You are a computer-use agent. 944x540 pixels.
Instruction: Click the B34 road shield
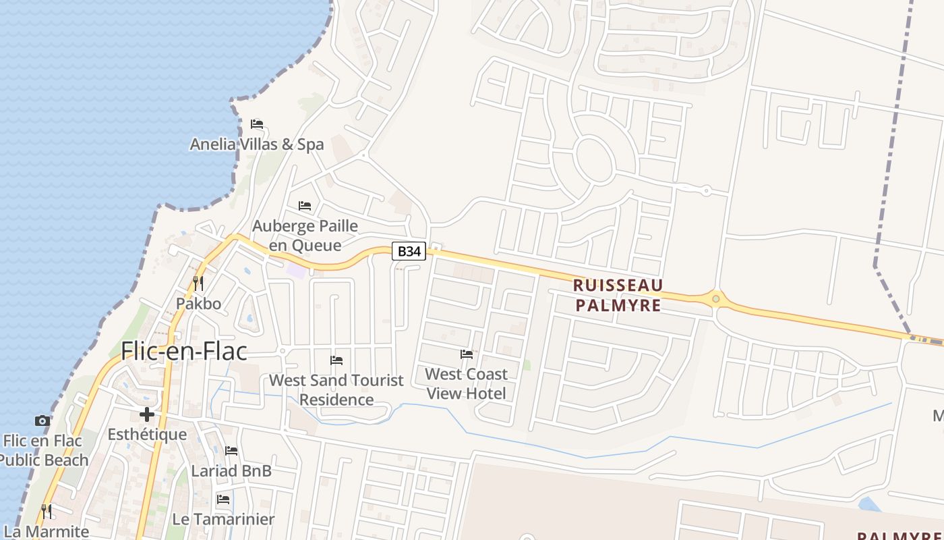tap(409, 251)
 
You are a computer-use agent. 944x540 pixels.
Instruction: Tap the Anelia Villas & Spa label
tap(256, 144)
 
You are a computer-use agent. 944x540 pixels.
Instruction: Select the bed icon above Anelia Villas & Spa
tap(257, 124)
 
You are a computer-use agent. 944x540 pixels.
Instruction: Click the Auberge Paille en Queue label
tap(305, 235)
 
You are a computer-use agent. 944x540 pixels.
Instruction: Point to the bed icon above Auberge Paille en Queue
tap(305, 205)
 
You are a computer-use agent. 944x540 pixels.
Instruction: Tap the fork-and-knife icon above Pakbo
tap(198, 283)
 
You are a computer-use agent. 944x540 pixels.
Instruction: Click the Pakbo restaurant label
tap(198, 303)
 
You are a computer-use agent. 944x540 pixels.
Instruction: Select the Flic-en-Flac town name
tap(183, 351)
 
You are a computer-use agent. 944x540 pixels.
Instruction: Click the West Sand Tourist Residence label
tap(336, 389)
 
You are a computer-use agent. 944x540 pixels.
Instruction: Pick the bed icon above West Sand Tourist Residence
tap(336, 360)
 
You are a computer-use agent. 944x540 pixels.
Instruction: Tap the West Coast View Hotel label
tap(466, 383)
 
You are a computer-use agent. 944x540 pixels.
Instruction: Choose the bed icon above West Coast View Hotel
tap(466, 354)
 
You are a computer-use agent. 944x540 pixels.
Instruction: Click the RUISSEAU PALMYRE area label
tap(618, 295)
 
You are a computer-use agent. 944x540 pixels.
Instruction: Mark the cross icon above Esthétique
tap(147, 414)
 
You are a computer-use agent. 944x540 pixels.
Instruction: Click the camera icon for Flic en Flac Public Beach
tap(42, 421)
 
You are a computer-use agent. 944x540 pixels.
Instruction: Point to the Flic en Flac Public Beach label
tap(44, 450)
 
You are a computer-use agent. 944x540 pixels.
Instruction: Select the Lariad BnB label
tap(231, 470)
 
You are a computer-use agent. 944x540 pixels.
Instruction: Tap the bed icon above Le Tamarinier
tap(223, 500)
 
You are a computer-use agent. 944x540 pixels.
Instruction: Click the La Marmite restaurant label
tap(46, 531)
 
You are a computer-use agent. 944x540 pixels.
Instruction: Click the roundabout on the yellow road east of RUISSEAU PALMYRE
tap(715, 298)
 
